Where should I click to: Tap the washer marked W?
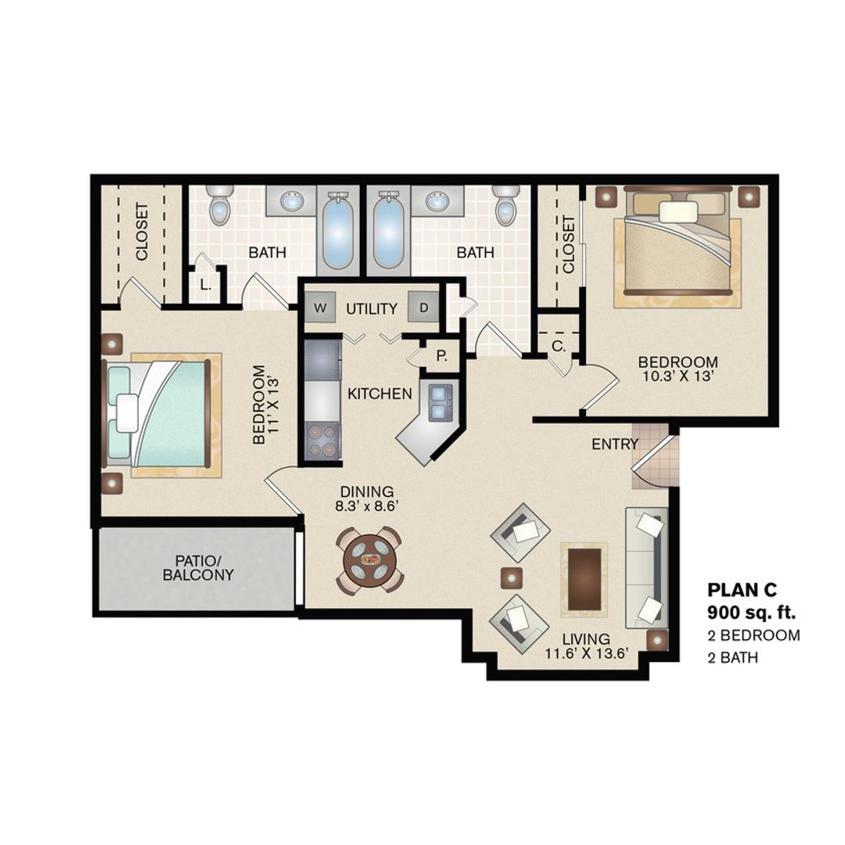pos(320,307)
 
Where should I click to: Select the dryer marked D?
pos(423,307)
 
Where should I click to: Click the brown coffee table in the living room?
pos(584,578)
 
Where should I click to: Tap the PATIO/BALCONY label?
pos(198,568)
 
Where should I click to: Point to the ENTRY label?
pos(615,444)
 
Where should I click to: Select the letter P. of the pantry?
pos(442,357)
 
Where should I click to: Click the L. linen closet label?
pos(205,286)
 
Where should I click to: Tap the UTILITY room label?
pos(372,308)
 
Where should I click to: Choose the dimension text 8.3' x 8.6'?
pos(368,506)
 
